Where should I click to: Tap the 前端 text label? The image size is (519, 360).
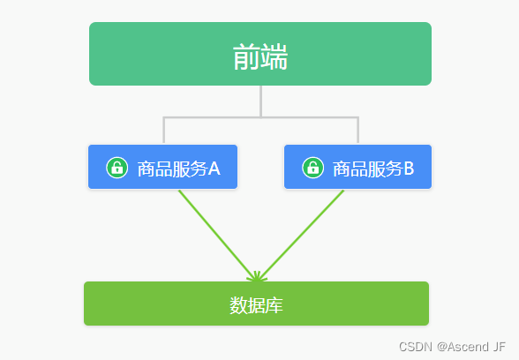(260, 56)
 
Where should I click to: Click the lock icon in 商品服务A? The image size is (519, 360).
(117, 168)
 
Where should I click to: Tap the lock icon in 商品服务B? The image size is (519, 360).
(312, 168)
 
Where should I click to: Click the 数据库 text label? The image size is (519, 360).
(256, 305)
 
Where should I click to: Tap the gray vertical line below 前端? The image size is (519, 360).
(260, 101)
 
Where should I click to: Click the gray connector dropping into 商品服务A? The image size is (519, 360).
(163, 131)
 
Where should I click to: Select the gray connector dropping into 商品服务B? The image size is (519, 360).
(357, 131)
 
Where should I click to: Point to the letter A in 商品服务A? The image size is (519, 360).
(214, 168)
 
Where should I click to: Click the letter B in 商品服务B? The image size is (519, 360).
(409, 168)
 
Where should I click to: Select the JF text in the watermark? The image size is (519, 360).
(500, 347)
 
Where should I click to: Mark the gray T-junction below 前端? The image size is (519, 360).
(260, 116)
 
